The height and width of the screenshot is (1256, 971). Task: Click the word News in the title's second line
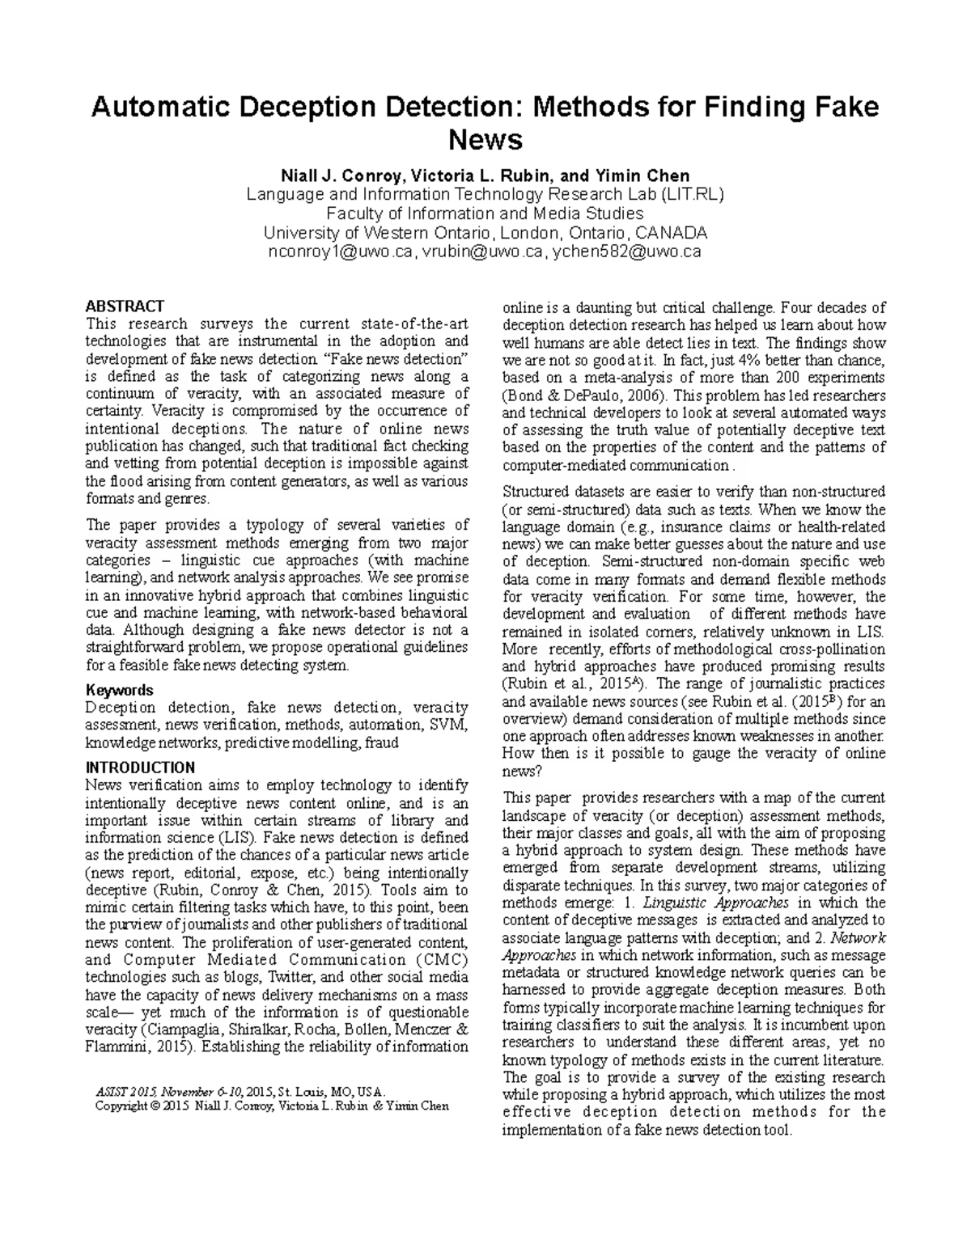point(485,141)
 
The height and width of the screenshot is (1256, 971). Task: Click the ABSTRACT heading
point(125,307)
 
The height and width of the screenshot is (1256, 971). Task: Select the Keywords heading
point(119,690)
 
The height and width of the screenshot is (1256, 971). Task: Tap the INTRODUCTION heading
point(140,768)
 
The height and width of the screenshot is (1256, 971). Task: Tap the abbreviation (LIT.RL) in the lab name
point(691,194)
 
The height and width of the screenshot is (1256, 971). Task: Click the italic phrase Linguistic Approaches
point(738,903)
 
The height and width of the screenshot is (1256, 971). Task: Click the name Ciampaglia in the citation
point(176,1030)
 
